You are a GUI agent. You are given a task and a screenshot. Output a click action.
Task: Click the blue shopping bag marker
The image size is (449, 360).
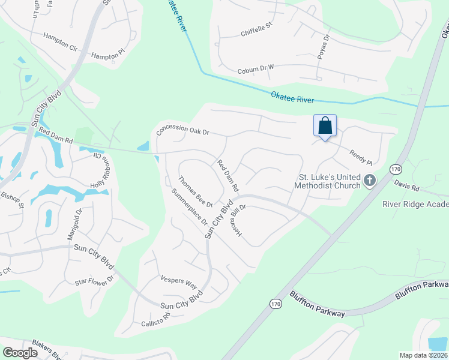[x=325, y=126]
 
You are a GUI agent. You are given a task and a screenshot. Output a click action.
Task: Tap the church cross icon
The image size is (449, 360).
[x=370, y=180]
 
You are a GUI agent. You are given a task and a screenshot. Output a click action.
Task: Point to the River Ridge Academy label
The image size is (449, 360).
[x=415, y=204]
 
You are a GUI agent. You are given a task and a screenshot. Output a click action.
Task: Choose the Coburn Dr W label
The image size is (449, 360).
[x=255, y=70]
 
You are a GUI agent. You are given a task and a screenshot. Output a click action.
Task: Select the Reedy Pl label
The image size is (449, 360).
[x=361, y=158]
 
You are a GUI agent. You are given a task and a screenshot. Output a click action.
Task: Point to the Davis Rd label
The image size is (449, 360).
[x=406, y=188]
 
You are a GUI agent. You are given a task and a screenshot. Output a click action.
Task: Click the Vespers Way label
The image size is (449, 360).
[x=179, y=280]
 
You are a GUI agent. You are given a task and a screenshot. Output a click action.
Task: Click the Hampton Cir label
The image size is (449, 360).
[x=61, y=41]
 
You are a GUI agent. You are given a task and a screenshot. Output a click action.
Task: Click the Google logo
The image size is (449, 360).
[x=20, y=353]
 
